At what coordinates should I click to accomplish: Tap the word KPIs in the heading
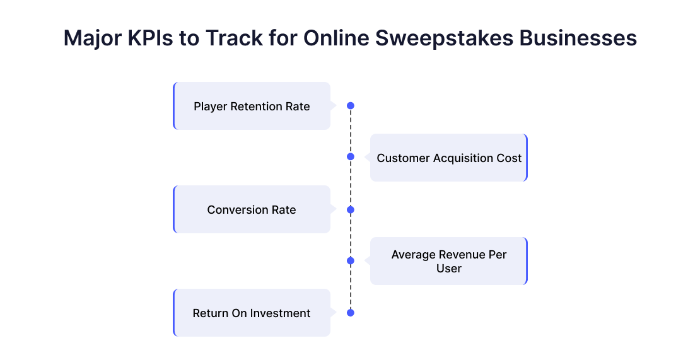tap(150, 38)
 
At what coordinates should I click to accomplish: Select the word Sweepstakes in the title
tap(444, 39)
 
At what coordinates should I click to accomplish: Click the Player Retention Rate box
tap(252, 106)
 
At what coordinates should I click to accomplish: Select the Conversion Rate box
tap(252, 209)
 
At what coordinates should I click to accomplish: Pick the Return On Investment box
tap(252, 313)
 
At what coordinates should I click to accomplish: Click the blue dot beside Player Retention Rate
tap(351, 106)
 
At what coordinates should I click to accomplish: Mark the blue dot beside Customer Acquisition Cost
tap(351, 156)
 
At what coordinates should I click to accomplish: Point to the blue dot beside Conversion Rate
tap(351, 210)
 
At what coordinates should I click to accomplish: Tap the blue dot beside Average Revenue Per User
tap(351, 260)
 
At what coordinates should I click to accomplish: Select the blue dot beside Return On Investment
tap(351, 313)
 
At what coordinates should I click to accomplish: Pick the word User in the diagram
tap(448, 269)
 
